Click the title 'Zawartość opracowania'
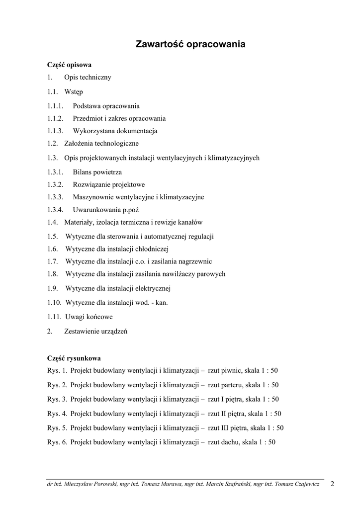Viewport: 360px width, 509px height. click(x=190, y=44)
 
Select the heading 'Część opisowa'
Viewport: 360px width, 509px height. click(x=69, y=65)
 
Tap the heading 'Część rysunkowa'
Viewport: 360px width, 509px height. click(x=74, y=358)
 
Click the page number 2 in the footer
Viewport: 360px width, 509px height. click(x=332, y=483)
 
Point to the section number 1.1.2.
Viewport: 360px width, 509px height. click(x=56, y=119)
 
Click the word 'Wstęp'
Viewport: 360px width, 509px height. click(x=74, y=92)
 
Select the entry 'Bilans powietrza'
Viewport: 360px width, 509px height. click(x=97, y=172)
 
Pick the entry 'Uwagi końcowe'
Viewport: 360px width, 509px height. click(x=89, y=317)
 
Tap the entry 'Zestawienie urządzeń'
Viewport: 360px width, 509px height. click(x=95, y=331)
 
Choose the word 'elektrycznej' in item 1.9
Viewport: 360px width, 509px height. click(x=152, y=288)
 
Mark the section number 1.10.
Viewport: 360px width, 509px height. click(x=55, y=303)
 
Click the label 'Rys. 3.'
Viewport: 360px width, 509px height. click(x=57, y=399)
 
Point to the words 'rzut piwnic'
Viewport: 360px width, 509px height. click(x=225, y=370)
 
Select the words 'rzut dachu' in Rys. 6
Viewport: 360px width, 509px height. click(x=224, y=442)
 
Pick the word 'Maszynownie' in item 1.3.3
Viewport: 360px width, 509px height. click(x=93, y=197)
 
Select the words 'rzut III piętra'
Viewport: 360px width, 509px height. click(x=227, y=428)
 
